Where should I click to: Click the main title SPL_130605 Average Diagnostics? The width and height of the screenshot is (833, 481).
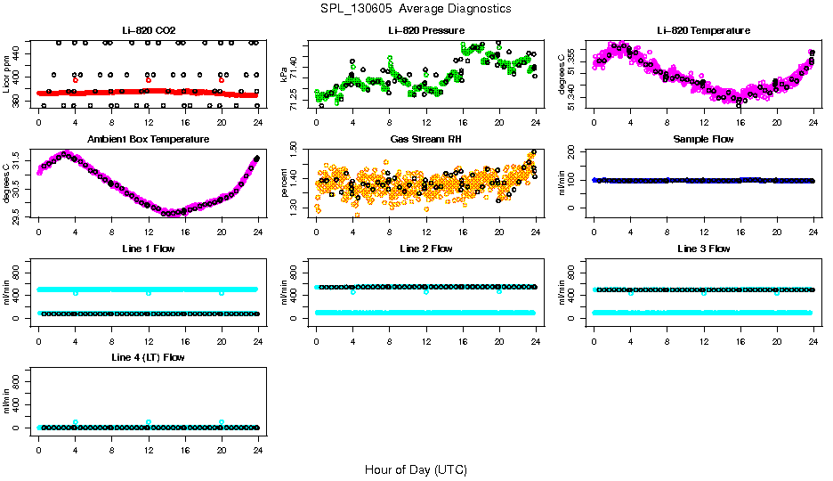pos(416,8)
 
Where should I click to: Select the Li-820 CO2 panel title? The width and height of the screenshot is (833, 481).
pos(148,31)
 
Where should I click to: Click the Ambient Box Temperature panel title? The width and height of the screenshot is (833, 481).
pos(148,140)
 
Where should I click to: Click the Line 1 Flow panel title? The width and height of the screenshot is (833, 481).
pos(148,249)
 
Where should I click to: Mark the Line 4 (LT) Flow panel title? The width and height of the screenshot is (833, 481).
pos(148,357)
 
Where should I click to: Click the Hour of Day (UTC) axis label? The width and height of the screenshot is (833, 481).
pos(416,469)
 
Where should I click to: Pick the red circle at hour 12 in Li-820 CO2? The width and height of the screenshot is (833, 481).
pos(149,80)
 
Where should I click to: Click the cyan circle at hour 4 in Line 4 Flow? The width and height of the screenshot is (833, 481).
pos(76,422)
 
